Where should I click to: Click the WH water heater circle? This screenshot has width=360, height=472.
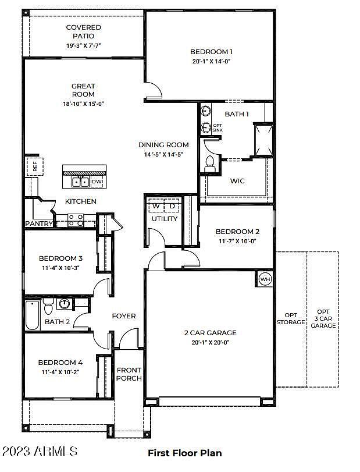265,279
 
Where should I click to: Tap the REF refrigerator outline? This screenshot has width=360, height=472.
35,166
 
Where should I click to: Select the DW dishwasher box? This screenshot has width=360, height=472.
97,182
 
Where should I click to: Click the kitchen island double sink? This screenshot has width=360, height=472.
80,182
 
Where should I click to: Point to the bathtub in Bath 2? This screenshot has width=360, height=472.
33,314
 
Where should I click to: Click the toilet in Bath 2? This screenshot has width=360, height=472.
48,306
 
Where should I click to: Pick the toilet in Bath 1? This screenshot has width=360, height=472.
209,164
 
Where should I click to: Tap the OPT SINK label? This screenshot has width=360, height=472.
218,127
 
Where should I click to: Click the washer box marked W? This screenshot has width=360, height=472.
155,206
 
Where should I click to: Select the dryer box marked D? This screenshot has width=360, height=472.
172,206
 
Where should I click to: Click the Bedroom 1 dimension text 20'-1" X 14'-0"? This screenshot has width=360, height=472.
212,61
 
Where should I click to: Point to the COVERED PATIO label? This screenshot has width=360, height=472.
83,31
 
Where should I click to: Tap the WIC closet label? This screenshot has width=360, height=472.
237,181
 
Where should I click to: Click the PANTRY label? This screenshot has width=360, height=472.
39,223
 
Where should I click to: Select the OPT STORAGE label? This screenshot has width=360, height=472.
291,318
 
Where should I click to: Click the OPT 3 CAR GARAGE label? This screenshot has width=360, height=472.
323,318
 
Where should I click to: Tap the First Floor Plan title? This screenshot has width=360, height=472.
185,453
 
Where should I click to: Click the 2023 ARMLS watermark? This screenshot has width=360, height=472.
40,451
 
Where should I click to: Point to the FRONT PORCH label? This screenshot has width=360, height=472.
129,374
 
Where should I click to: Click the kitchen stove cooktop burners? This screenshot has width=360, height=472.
76,220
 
